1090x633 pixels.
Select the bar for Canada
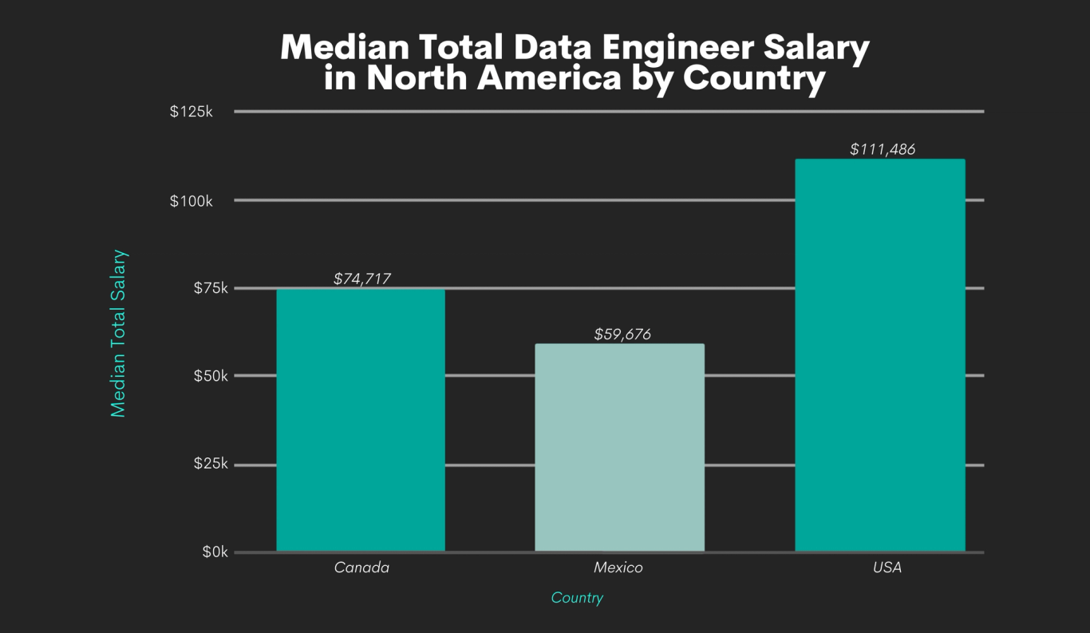(x=361, y=420)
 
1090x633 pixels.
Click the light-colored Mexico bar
(x=619, y=447)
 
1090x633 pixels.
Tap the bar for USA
(x=880, y=355)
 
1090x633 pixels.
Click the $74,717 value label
(x=361, y=279)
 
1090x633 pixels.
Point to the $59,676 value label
(x=622, y=334)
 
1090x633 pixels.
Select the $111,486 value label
(x=882, y=149)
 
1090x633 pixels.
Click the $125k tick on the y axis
(x=192, y=112)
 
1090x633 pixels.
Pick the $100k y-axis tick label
(x=192, y=200)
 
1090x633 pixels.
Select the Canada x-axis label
(x=361, y=568)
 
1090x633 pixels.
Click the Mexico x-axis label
(x=618, y=568)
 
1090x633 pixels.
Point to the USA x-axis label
(x=887, y=568)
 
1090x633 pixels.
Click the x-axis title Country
(x=577, y=598)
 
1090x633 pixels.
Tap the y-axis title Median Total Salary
(x=119, y=333)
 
